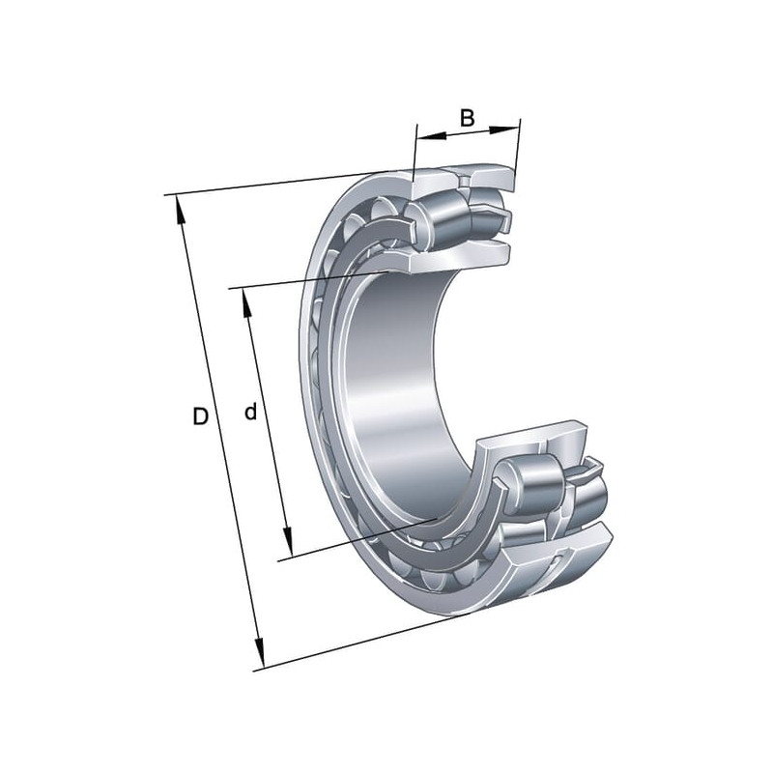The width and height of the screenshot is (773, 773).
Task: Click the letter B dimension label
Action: point(467,118)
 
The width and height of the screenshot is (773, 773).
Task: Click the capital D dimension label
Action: point(200,417)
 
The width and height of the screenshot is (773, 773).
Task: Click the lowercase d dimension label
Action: point(250,412)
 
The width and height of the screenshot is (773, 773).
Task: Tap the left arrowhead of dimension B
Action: point(431,136)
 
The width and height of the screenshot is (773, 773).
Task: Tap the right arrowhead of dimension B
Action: point(504,129)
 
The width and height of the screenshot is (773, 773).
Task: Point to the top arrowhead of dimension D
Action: point(180,211)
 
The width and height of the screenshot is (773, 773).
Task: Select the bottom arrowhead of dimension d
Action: point(288,542)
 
